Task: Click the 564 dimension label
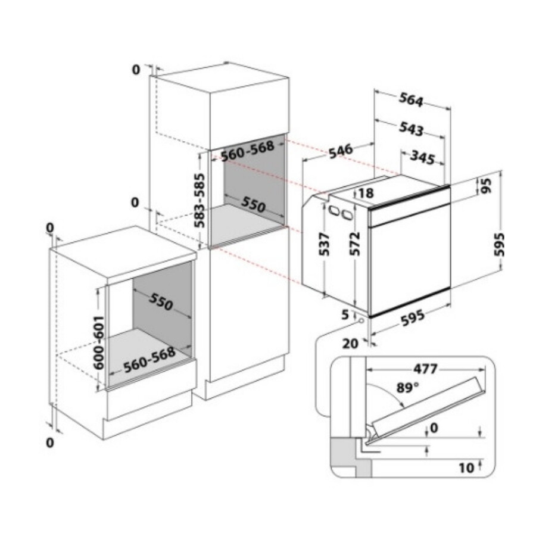(411, 99)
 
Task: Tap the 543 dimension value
(411, 129)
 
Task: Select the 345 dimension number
(422, 157)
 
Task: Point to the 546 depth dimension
(341, 151)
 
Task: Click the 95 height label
(486, 185)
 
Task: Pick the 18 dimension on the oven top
(366, 193)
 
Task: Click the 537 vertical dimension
(324, 244)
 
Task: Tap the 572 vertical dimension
(355, 244)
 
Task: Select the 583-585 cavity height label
(200, 200)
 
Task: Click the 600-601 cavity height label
(99, 342)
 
